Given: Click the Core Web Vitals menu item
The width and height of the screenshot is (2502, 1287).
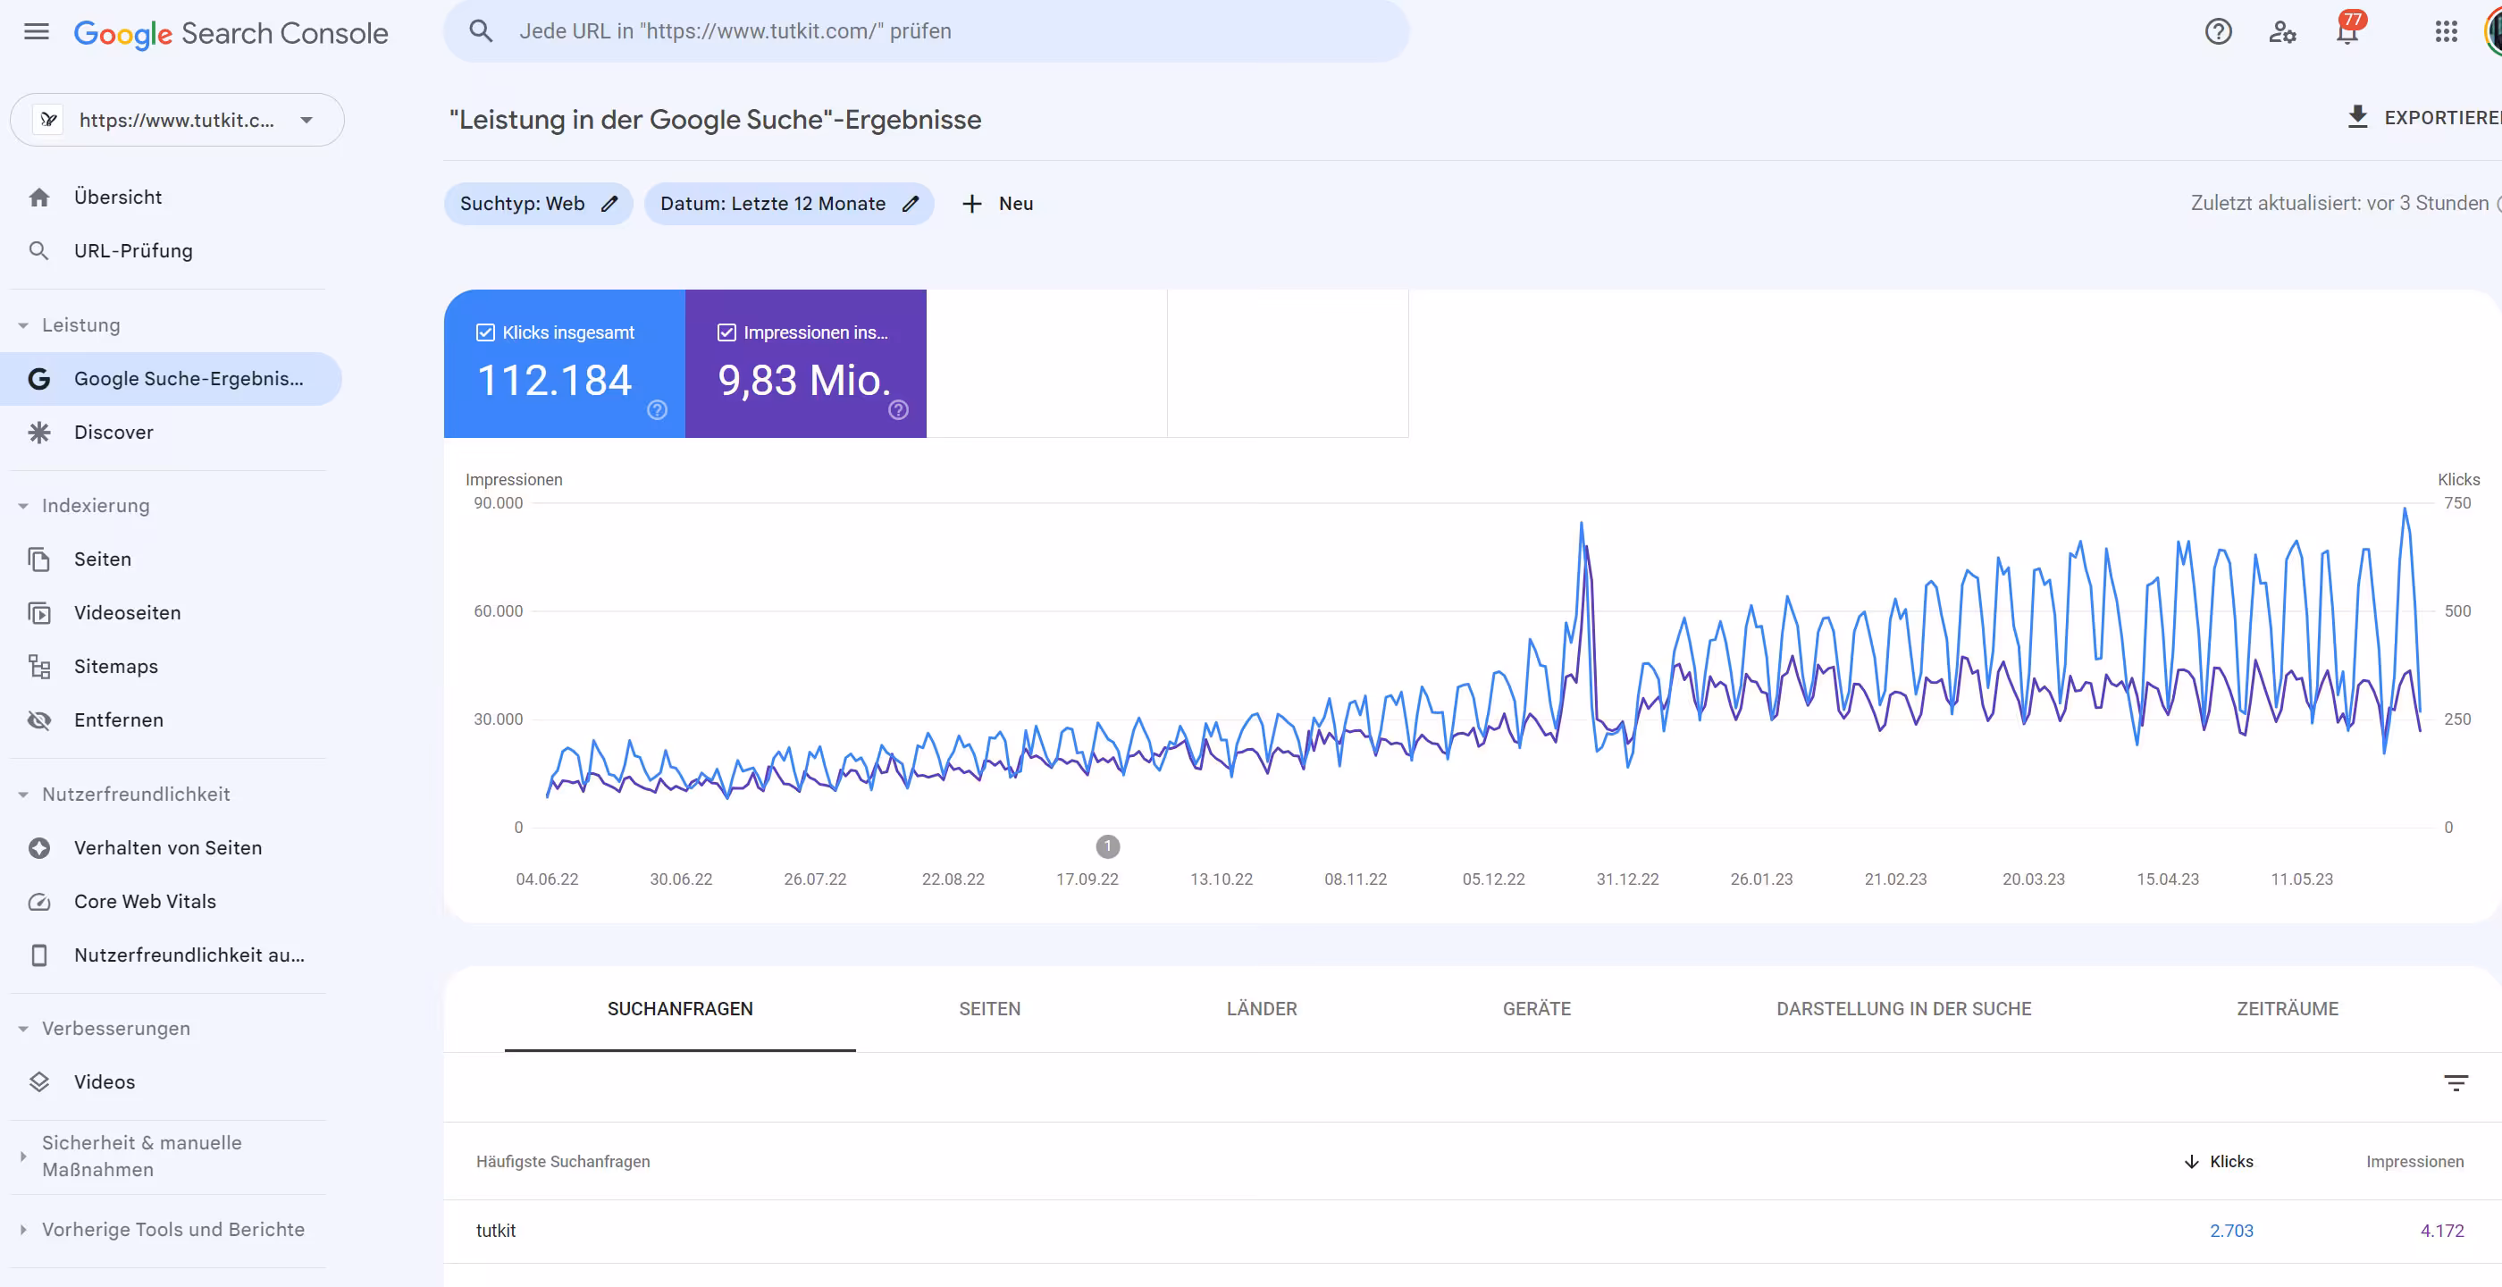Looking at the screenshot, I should (145, 902).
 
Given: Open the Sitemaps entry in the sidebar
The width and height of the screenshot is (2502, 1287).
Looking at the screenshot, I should (115, 667).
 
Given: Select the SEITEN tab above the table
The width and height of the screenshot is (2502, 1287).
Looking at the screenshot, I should (989, 1008).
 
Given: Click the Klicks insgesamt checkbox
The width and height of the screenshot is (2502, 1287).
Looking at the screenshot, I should (485, 332).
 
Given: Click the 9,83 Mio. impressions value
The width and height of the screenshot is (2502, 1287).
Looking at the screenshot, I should (803, 380).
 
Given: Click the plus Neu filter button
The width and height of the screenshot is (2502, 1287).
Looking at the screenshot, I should (997, 204).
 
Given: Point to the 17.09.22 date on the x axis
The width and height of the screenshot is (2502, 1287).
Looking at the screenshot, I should (1087, 879).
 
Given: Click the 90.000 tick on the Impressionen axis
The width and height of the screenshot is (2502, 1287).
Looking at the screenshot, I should (498, 503).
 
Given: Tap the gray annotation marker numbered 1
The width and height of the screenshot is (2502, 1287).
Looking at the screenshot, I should (1107, 846).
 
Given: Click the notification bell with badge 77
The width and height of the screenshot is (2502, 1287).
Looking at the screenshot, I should (2347, 31).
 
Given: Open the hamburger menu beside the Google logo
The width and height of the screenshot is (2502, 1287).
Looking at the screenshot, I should (36, 32).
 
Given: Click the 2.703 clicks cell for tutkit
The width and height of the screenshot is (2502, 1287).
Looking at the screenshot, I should (2230, 1231).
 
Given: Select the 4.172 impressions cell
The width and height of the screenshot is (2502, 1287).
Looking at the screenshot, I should (2441, 1231).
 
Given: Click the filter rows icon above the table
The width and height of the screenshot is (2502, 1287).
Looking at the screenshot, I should (2456, 1083).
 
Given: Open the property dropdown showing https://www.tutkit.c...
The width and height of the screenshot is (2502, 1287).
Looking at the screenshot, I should (177, 121).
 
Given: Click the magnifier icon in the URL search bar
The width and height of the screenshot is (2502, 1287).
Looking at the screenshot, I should (481, 31).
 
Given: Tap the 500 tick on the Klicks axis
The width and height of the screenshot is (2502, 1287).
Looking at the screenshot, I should (2456, 611).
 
